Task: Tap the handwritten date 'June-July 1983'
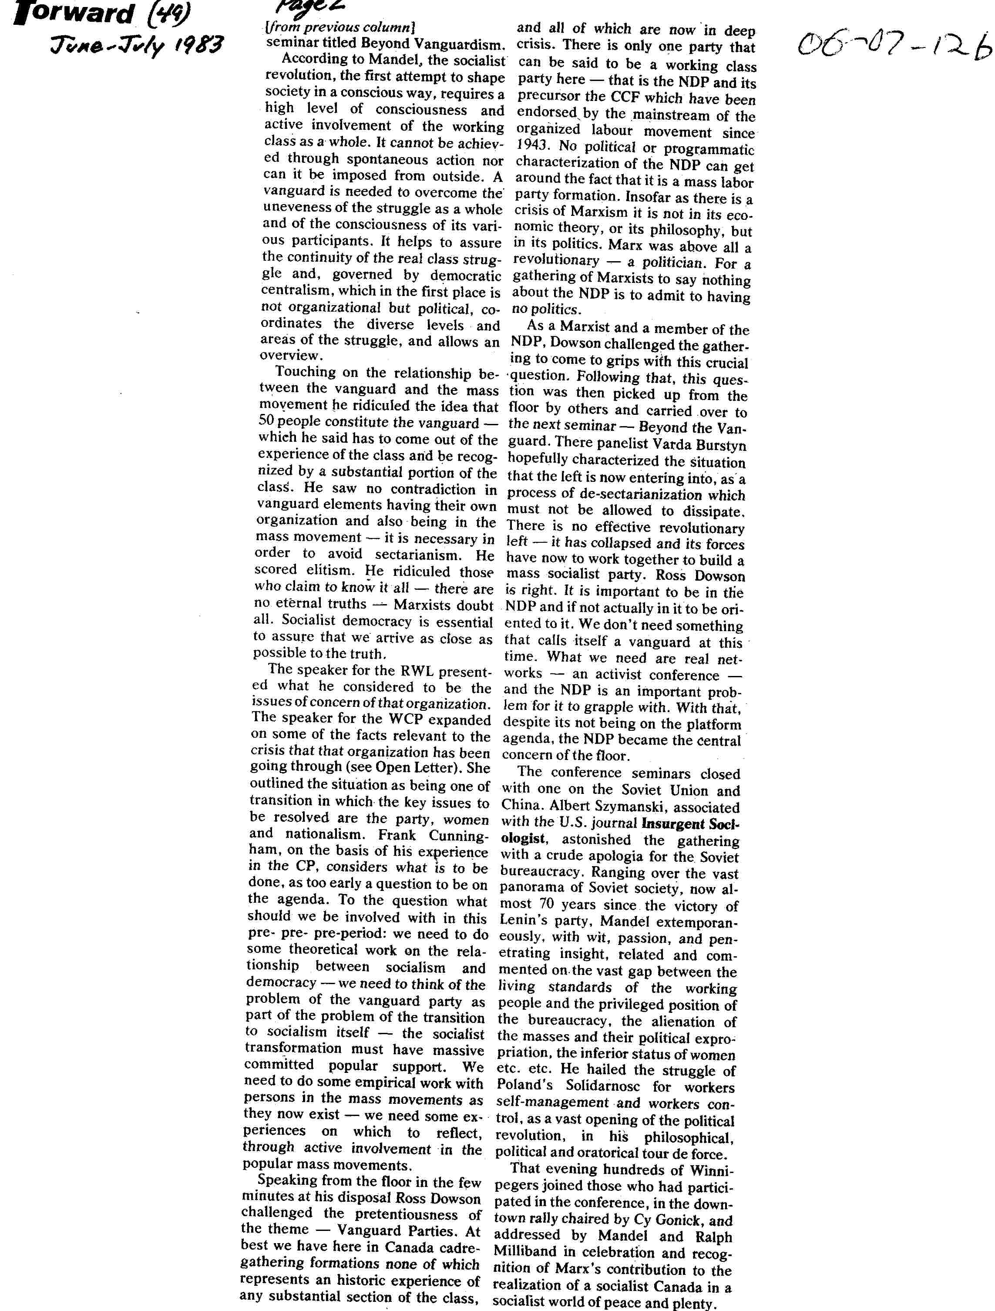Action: pos(136,45)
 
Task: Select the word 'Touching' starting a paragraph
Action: pos(305,372)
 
